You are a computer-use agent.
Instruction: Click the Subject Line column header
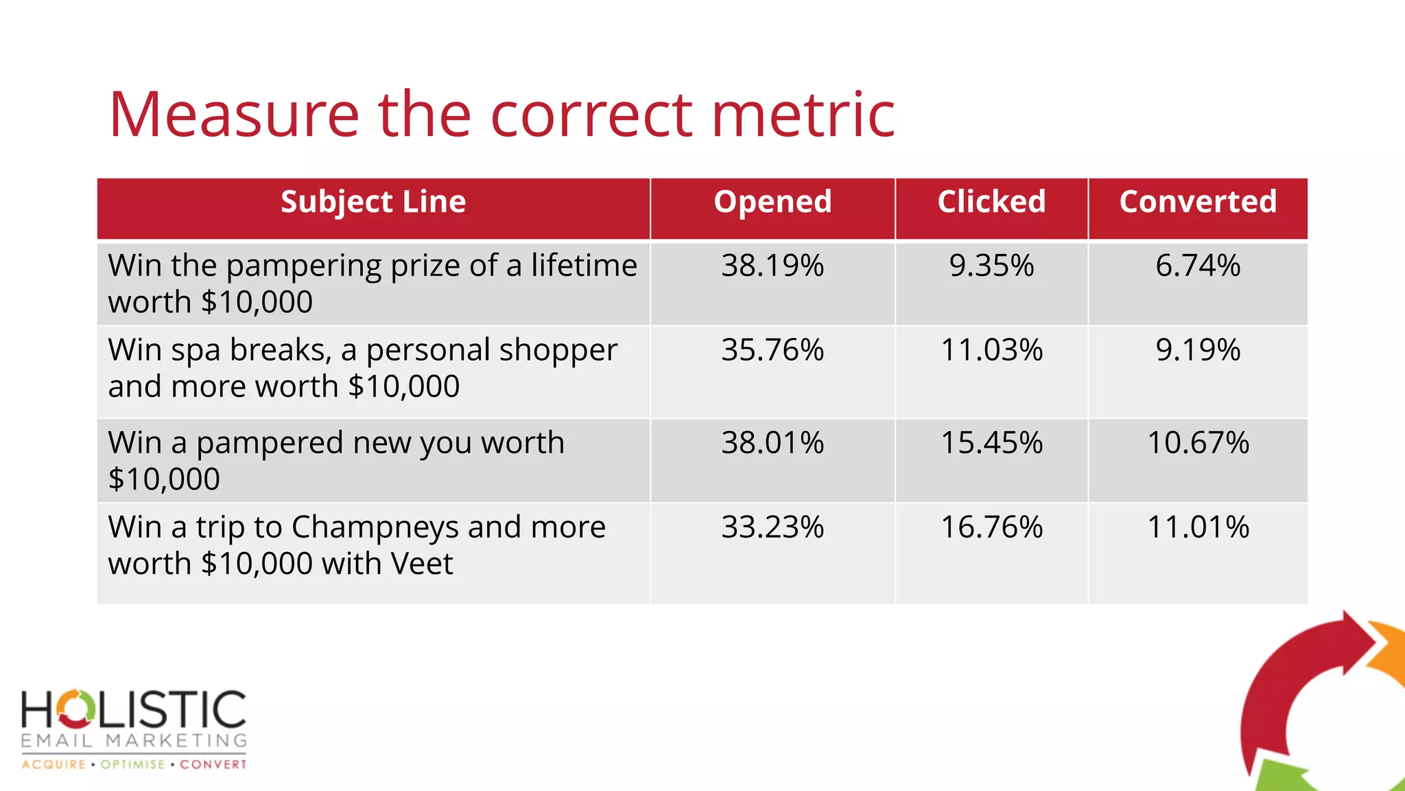373,202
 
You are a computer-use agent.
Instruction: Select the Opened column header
772,202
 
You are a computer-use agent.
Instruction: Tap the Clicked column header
991,202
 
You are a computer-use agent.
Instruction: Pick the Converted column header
1198,202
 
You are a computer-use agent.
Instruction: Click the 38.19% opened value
772,266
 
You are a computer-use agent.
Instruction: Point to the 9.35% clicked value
991,266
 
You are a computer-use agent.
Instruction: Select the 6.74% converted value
1198,266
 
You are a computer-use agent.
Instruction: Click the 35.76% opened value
772,350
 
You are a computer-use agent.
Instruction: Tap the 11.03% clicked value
991,350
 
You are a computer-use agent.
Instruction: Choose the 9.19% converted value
1198,350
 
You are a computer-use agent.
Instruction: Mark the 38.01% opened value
772,443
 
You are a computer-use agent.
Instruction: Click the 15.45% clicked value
991,443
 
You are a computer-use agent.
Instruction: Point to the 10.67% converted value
1198,443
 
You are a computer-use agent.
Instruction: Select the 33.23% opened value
772,527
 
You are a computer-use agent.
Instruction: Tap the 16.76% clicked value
991,527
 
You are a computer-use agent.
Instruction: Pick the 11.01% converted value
1198,527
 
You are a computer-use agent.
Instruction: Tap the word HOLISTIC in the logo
134,709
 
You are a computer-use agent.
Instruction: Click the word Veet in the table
421,564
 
